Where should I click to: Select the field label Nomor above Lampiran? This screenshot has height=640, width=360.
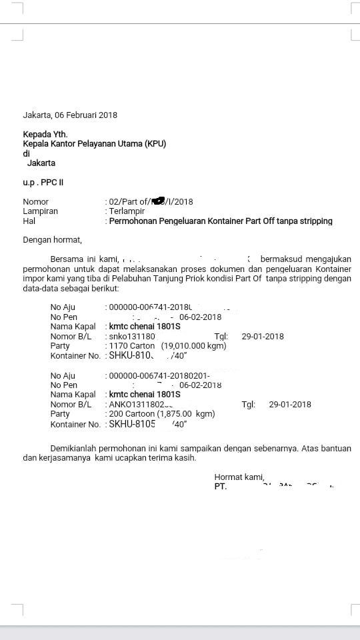tap(36, 201)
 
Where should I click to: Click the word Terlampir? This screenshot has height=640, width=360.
tap(127, 211)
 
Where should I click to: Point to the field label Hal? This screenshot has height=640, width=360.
tap(29, 221)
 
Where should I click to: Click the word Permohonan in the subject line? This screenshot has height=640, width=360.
tap(133, 221)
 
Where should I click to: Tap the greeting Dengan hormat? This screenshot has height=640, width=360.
tap(53, 239)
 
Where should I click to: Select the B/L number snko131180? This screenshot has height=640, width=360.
tap(132, 337)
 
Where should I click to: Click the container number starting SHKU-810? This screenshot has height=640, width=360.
tap(127, 356)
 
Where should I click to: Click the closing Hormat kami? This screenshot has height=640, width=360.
tap(239, 477)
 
